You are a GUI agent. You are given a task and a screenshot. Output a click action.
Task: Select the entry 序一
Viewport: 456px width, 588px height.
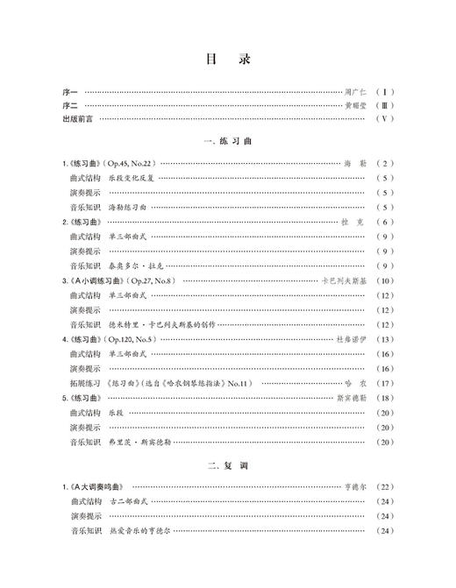[x=70, y=91]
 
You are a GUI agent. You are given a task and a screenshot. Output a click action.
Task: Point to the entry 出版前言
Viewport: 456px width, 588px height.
[x=76, y=118]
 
